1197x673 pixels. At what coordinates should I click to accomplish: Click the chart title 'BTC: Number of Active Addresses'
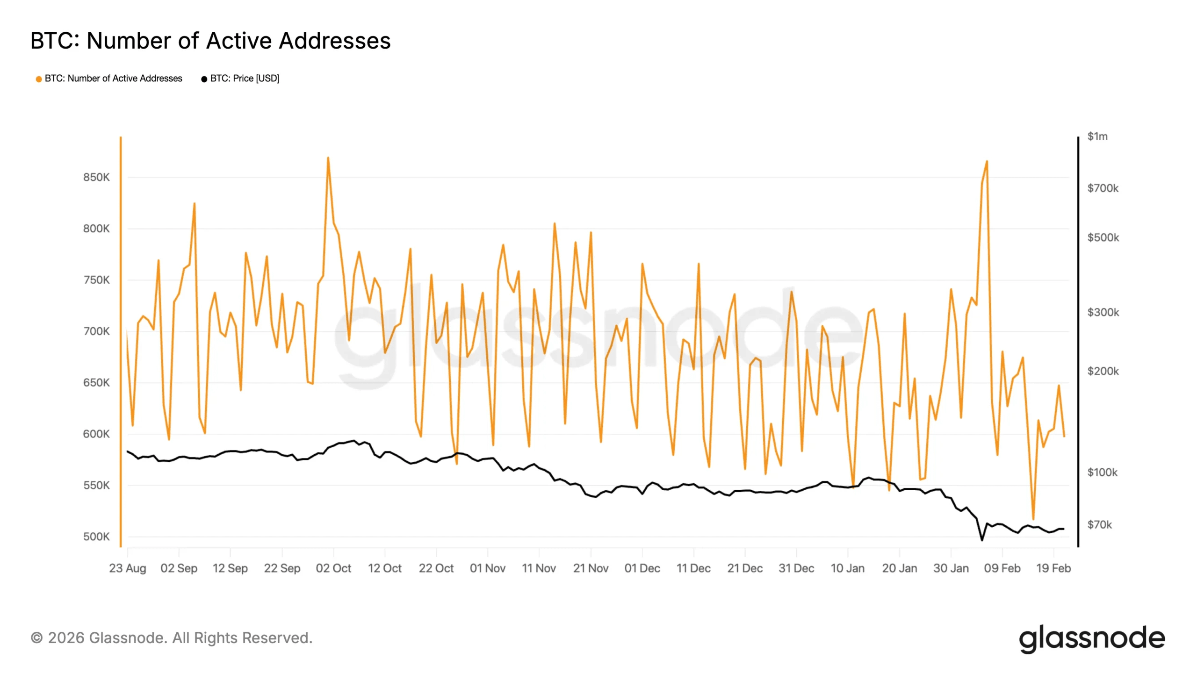coord(210,41)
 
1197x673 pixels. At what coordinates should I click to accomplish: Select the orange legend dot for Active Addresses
coord(39,79)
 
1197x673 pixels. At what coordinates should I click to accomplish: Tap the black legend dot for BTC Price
coord(204,79)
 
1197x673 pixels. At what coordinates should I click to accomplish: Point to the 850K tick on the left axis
coord(96,178)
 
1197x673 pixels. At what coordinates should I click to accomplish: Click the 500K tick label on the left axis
coord(96,537)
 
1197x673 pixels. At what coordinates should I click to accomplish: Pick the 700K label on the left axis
coord(96,331)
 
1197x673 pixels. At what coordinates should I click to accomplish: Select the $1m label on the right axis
coord(1097,136)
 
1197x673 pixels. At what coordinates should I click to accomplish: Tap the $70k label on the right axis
coord(1099,525)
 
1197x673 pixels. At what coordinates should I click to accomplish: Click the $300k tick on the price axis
coord(1103,312)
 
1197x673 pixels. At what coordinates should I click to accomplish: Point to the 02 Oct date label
coord(333,568)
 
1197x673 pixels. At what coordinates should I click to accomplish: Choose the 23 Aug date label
coord(128,568)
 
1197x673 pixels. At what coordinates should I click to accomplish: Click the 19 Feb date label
coord(1053,568)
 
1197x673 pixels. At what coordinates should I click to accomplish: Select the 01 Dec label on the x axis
coord(642,568)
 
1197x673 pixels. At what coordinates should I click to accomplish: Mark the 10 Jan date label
coord(847,568)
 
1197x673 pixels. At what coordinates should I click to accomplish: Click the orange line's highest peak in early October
coord(328,158)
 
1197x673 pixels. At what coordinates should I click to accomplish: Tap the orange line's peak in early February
coord(987,162)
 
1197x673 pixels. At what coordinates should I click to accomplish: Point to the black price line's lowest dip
coord(982,540)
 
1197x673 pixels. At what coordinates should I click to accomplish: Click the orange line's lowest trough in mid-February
coord(1033,519)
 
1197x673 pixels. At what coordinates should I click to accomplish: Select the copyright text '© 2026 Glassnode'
coord(171,638)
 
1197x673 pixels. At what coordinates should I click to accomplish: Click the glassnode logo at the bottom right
coord(1092,639)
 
